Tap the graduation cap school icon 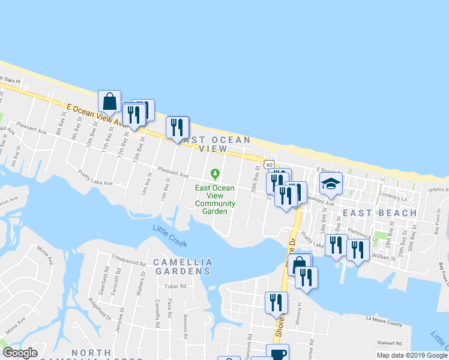click(330, 184)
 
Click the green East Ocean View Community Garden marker click(215, 174)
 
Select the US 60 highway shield click(270, 164)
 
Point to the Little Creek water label click(170, 236)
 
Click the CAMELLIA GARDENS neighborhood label click(182, 267)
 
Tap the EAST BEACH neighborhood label click(379, 213)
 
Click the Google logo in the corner click(20, 353)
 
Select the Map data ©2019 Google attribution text click(412, 355)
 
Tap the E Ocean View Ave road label click(96, 113)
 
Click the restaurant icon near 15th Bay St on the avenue click(177, 127)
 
